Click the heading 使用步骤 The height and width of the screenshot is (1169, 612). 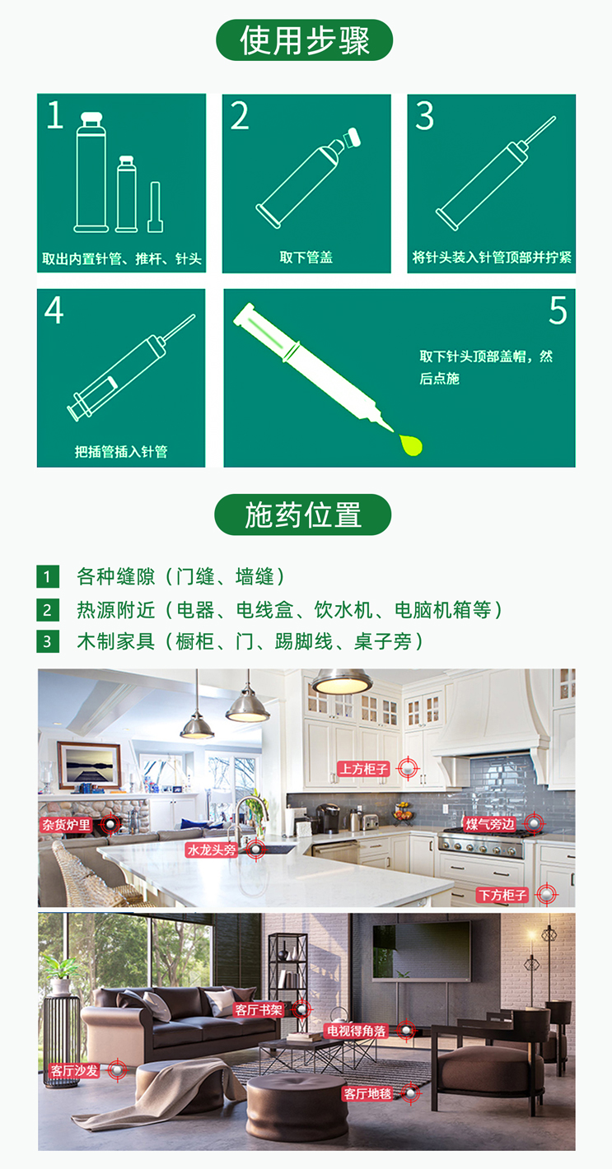(304, 40)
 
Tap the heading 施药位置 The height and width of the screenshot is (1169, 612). (303, 515)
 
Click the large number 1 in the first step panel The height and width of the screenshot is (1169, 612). (54, 116)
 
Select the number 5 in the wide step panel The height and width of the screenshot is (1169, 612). (558, 311)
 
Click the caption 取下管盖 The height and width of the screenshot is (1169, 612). (306, 258)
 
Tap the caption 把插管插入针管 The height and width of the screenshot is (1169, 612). (121, 451)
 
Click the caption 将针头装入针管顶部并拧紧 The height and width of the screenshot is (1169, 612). (492, 258)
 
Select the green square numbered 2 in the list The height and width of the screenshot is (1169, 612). (48, 609)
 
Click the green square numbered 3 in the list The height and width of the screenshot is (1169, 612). (48, 641)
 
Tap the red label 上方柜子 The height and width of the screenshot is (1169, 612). (363, 769)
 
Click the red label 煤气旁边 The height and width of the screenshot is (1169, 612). (490, 823)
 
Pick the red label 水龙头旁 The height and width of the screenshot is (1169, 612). (212, 850)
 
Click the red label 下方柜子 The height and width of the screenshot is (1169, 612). (502, 894)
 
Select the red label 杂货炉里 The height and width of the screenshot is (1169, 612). (67, 824)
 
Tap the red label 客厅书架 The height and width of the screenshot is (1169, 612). (259, 1008)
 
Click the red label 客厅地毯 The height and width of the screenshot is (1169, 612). (367, 1094)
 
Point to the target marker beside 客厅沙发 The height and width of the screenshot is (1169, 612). (116, 1069)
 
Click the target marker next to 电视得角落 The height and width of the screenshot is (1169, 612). (404, 1030)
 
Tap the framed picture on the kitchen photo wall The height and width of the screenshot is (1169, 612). (88, 765)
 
